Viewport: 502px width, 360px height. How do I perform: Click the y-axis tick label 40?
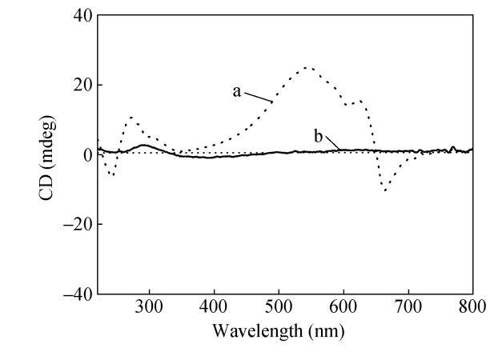[81, 15]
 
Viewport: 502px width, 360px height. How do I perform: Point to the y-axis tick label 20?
[81, 85]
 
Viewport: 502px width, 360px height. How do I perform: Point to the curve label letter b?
[318, 138]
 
